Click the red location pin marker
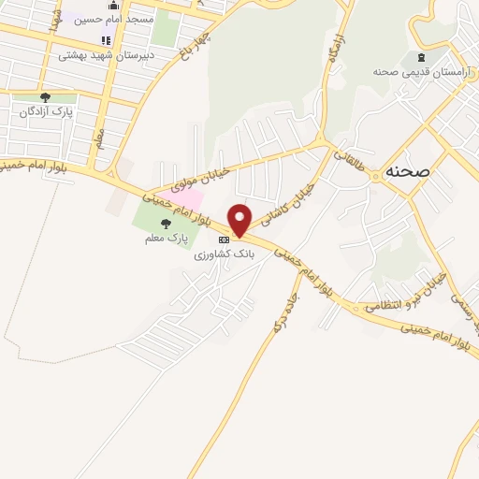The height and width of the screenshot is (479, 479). (240, 219)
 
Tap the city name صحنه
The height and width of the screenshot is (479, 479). (406, 172)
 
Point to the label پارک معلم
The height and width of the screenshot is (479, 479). (167, 239)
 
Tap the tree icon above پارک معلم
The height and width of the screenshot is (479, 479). (167, 224)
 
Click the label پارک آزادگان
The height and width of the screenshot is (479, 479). (45, 111)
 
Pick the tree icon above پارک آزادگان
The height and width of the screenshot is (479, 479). (45, 96)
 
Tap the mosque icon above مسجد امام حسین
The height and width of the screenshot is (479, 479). (114, 6)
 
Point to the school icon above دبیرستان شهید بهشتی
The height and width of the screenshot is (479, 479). (105, 41)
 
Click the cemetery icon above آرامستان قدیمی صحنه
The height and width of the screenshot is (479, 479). (405, 58)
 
